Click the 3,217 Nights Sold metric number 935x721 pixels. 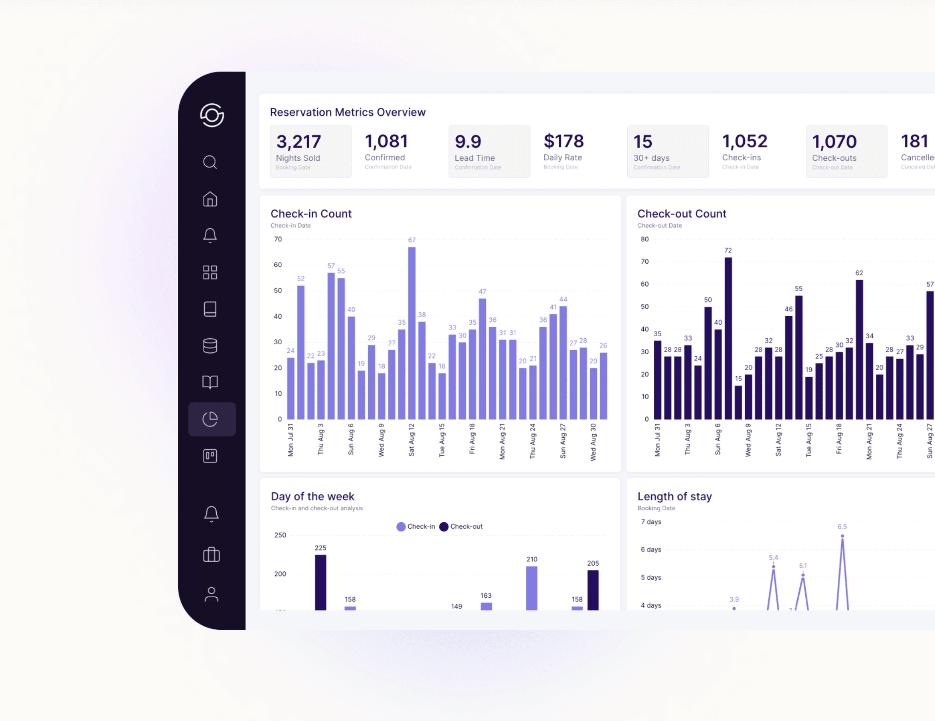tap(299, 142)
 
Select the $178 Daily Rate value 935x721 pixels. tap(563, 141)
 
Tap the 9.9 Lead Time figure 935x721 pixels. tap(467, 142)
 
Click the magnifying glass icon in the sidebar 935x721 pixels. tap(210, 162)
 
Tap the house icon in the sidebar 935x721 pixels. tap(210, 199)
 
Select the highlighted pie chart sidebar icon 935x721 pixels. tap(210, 419)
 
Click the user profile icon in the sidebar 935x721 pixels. tap(211, 594)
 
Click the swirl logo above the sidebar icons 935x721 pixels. tap(212, 115)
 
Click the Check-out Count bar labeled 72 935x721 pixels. tap(728, 338)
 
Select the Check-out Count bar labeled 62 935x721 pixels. tap(859, 349)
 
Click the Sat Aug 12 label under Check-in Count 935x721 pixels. tap(412, 440)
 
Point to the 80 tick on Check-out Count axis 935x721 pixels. tap(645, 239)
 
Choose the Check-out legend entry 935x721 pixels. tap(461, 526)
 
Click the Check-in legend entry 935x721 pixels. tap(416, 526)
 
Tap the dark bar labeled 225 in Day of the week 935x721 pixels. tap(320, 582)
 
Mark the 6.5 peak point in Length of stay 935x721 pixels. tap(842, 536)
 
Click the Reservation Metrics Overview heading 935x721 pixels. tap(348, 112)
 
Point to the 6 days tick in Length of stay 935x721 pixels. tap(651, 550)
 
